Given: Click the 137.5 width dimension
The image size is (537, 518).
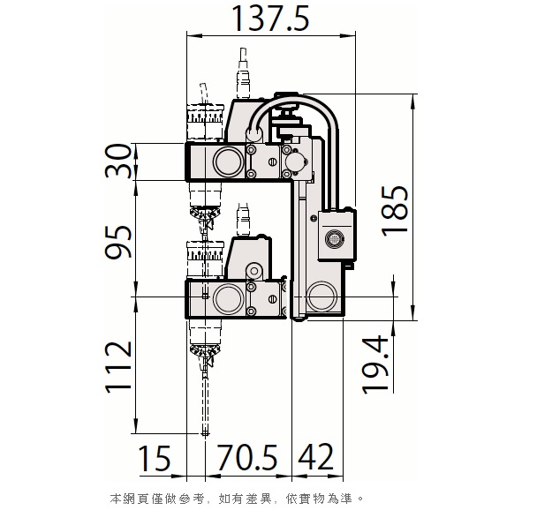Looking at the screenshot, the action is point(270,19).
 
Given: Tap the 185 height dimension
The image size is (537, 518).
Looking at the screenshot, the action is point(395,211).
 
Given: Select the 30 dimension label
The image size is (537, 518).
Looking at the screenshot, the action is point(118,161).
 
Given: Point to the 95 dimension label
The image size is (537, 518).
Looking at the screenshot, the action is point(118,242).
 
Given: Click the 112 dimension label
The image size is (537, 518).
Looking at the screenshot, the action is point(118,367).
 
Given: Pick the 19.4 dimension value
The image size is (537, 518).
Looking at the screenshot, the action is point(375,364).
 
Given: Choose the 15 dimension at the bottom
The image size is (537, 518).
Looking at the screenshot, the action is point(154,458).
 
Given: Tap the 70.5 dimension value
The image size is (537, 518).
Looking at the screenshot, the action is point(247,457).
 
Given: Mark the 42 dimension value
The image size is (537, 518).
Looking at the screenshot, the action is point(316,457).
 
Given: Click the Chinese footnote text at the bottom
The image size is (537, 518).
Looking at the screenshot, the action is point(237,499).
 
